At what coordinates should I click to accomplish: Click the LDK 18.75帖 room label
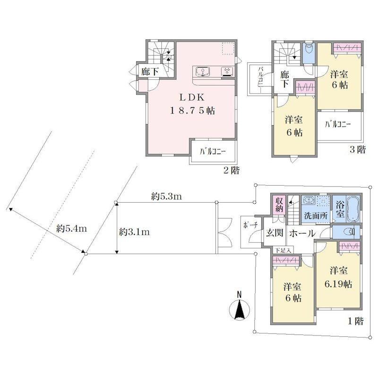coord(192,104)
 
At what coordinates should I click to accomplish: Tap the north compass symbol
coord(239,308)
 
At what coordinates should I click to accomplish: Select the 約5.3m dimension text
coord(166,197)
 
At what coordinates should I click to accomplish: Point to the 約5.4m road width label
coord(71,228)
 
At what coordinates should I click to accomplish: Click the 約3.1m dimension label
coord(134,232)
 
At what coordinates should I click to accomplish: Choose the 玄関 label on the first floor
coord(275,232)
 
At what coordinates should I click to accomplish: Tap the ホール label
coord(302,233)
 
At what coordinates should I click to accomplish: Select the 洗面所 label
coord(316,215)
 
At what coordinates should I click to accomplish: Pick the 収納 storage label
coord(279,204)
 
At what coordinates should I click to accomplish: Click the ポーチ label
coord(250,225)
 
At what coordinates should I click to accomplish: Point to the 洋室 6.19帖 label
coord(338,277)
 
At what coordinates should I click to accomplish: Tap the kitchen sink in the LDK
coord(203,71)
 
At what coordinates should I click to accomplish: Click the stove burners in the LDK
coord(227,71)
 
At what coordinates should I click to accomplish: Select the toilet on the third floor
coord(309,51)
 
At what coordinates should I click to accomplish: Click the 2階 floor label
coord(232,171)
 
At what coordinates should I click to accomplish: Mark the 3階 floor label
coord(358,149)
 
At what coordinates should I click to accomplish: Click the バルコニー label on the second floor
coord(213,152)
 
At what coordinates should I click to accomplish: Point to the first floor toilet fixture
coord(349,232)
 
